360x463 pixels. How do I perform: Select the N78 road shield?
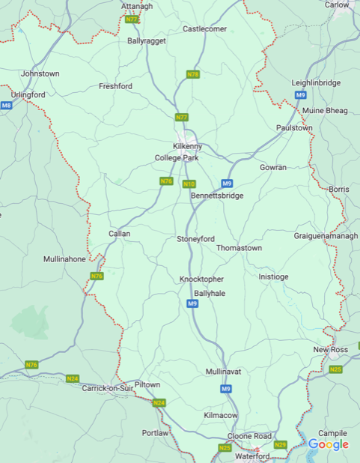point(193,74)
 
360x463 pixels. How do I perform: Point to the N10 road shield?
point(189,184)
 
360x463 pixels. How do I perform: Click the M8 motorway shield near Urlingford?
point(6,106)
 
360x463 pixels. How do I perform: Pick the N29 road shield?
point(280,445)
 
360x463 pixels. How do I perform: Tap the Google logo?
point(329,444)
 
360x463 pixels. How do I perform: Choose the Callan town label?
point(120,234)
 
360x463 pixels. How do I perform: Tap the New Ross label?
point(331,350)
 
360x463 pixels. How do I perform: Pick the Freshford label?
point(115,87)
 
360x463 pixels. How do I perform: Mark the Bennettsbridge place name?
point(217,196)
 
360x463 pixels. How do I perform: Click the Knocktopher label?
point(201,279)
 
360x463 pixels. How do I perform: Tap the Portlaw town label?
point(155,433)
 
